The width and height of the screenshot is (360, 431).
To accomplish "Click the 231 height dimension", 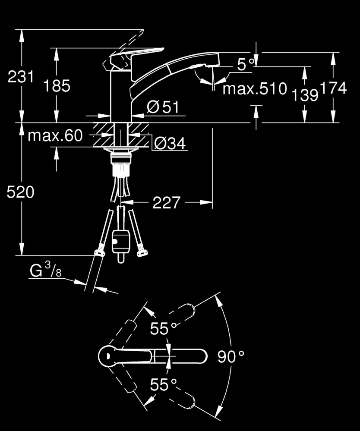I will (x=21, y=77).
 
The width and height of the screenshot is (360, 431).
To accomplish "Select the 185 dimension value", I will (x=57, y=86).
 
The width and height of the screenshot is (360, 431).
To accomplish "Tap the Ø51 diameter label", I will (x=163, y=107).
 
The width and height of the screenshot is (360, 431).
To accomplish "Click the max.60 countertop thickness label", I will (x=55, y=136).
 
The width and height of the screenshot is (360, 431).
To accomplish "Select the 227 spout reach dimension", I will (x=166, y=202).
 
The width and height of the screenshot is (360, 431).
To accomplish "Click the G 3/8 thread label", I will (x=45, y=271).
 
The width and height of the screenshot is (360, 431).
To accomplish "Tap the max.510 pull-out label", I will (x=255, y=89).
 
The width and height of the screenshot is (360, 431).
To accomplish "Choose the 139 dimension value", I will (x=305, y=94).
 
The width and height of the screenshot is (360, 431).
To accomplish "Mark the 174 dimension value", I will (x=333, y=88).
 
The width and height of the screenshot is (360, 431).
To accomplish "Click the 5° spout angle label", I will (x=246, y=65).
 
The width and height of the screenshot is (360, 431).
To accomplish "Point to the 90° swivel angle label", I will (x=231, y=357).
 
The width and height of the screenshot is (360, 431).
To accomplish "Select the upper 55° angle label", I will (x=163, y=329).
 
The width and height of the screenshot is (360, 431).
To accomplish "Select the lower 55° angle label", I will (x=163, y=384).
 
